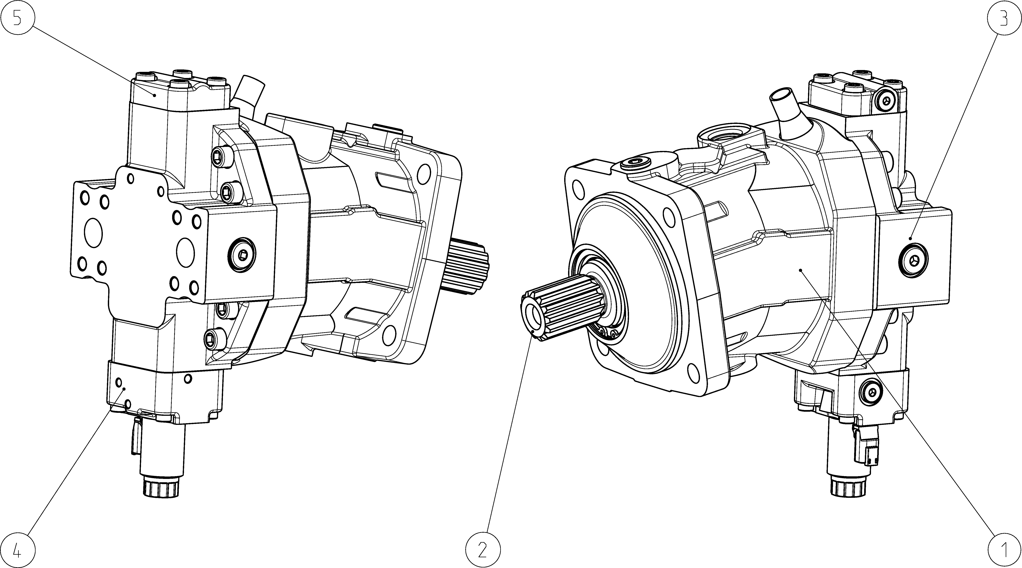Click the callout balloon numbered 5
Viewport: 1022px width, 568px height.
point(17,17)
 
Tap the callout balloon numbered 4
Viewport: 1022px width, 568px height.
point(17,550)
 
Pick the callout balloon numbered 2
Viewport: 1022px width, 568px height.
point(482,550)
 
